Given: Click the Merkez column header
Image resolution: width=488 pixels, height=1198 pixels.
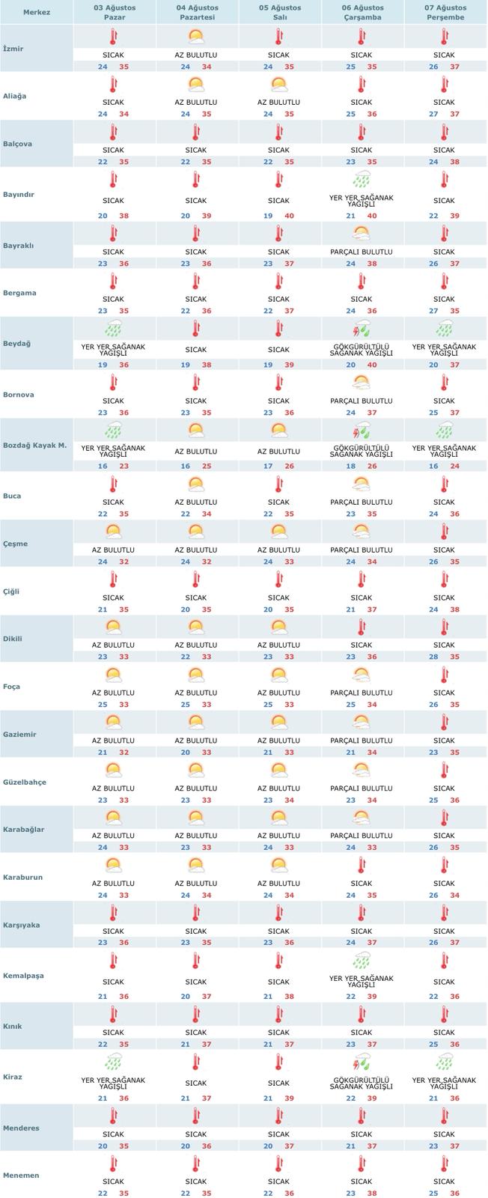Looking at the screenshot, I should (x=36, y=13).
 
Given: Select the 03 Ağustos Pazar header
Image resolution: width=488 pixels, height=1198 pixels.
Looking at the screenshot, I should (x=114, y=12).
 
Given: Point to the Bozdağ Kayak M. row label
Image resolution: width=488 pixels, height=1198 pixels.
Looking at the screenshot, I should (x=34, y=445).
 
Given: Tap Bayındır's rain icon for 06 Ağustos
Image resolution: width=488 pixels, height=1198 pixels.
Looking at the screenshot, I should (x=362, y=180).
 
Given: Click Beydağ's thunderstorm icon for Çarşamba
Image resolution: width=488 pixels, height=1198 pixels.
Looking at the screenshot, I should (x=362, y=329).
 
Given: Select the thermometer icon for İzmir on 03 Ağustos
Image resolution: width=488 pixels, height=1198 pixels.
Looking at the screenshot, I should (x=114, y=37).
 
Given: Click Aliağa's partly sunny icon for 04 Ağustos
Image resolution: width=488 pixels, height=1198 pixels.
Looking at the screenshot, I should (x=196, y=84).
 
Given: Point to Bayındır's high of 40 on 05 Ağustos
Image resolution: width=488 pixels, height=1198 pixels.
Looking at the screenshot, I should (x=289, y=216).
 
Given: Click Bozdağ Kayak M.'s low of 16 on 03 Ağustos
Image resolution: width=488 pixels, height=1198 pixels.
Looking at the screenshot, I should (x=103, y=466).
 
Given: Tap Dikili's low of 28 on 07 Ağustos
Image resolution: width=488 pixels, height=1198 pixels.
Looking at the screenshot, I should (x=433, y=657).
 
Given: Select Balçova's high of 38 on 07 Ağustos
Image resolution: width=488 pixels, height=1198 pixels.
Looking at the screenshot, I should (x=455, y=162).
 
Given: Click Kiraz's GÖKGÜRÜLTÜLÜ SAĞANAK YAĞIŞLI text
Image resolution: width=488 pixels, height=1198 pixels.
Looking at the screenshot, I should (x=362, y=1083).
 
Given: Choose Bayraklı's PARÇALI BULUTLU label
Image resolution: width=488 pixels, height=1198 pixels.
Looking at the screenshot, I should (x=362, y=252).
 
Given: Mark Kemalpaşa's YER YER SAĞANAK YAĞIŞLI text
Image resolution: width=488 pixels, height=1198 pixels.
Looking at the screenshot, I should (x=362, y=982).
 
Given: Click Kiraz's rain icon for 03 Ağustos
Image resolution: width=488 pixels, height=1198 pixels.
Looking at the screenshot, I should (x=114, y=1061).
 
